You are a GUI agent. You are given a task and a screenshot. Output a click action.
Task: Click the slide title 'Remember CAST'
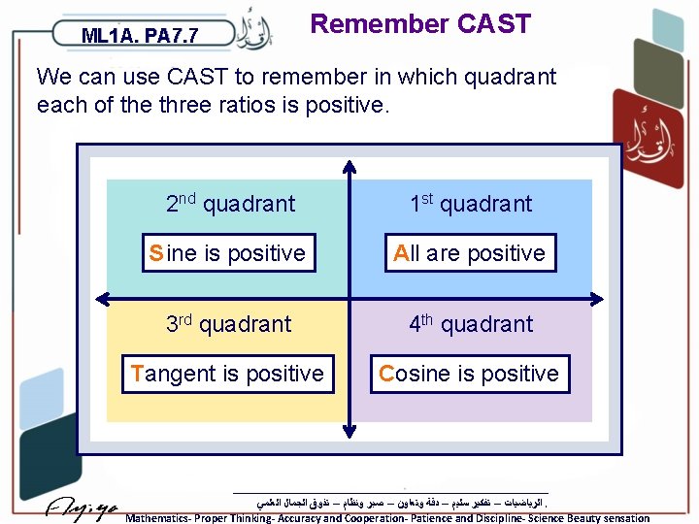419,24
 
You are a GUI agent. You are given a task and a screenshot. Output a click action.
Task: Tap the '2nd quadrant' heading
230,203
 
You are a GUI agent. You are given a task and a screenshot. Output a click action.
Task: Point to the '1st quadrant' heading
471,203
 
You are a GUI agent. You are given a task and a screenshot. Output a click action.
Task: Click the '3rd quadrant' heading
228,323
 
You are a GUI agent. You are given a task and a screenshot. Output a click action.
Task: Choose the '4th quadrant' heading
471,323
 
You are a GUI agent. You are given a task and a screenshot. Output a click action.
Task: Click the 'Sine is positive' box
227,253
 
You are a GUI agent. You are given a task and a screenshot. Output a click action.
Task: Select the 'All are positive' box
470,253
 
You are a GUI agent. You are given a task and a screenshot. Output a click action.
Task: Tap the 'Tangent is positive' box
227,374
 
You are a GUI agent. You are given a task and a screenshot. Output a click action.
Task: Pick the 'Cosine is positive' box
470,374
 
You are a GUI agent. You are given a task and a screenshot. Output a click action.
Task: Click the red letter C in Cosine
386,374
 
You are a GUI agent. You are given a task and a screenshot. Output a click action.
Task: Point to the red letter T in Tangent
136,374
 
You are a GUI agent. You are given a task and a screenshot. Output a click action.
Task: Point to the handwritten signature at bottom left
83,507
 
